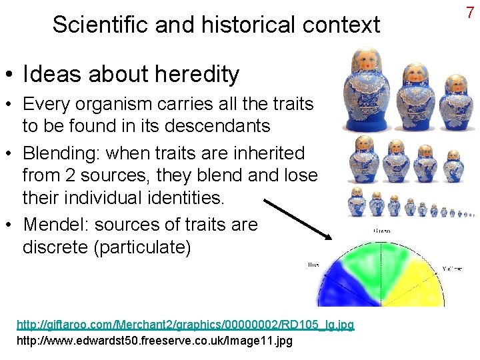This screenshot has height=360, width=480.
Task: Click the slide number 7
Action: [x=469, y=12]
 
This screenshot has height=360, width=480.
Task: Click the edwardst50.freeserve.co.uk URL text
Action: [x=154, y=341]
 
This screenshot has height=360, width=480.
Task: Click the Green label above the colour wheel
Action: [x=382, y=231]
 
